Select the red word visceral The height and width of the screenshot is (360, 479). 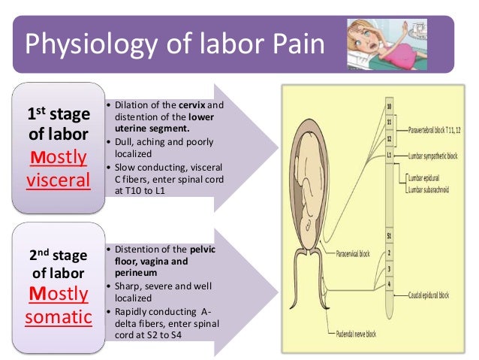point(57,181)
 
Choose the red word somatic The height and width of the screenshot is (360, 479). point(58,316)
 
